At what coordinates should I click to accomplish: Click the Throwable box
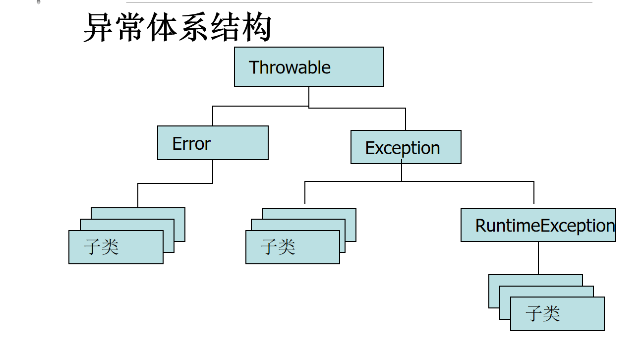[x=309, y=67]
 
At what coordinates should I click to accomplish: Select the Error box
[x=213, y=143]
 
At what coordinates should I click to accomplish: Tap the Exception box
[x=406, y=147]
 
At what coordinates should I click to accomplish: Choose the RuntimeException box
[x=538, y=225]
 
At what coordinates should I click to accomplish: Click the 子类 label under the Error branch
[x=102, y=246]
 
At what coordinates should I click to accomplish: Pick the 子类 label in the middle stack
[x=278, y=246]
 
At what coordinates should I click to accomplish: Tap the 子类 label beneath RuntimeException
[x=543, y=313]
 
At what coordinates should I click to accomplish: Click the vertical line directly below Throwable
[x=309, y=96]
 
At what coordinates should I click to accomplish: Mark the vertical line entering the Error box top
[x=213, y=116]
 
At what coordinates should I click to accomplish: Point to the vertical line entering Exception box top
[x=406, y=120]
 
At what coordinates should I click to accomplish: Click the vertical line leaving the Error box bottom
[x=213, y=172]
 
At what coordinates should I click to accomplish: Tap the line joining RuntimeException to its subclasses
[x=538, y=258]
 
